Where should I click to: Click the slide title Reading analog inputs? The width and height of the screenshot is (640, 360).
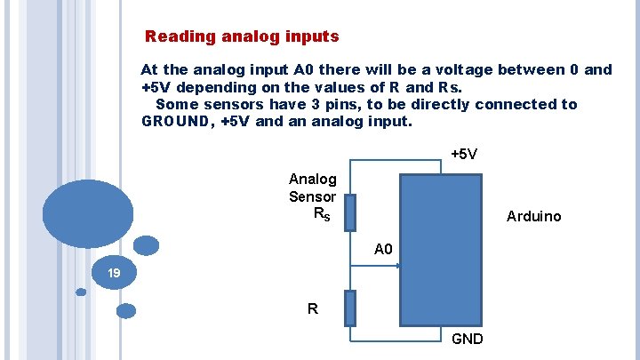point(242,37)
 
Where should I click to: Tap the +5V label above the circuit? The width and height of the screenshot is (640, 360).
point(463,154)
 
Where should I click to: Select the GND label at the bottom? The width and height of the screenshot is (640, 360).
point(468,339)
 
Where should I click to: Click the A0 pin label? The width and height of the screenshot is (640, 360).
point(383,250)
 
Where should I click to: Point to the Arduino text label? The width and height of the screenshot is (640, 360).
point(533,216)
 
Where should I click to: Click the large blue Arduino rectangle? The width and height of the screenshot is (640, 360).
point(441,250)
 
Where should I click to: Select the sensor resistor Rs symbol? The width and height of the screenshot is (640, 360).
point(350,213)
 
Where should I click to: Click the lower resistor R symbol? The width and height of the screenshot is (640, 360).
point(350,308)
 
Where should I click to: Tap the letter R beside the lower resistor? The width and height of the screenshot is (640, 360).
point(312,309)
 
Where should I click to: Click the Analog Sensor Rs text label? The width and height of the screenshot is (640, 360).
point(312,196)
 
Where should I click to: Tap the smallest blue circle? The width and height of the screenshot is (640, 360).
point(81,292)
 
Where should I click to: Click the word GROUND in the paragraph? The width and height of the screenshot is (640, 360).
point(173,121)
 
